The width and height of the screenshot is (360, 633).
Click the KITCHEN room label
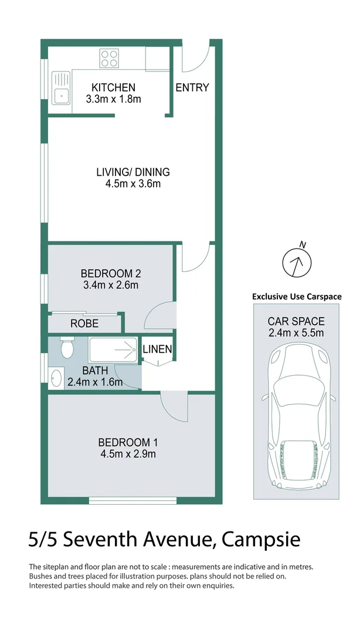pyautogui.click(x=113, y=87)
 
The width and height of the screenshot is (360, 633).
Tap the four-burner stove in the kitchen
pyautogui.click(x=109, y=57)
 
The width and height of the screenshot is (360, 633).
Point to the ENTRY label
pyautogui.click(x=192, y=88)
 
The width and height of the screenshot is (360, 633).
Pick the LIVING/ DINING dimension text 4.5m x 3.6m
pyautogui.click(x=133, y=184)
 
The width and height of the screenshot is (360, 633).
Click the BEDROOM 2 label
pyautogui.click(x=110, y=273)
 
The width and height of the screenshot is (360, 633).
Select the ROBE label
pyautogui.click(x=84, y=324)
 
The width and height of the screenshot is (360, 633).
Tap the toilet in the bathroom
pyautogui.click(x=67, y=348)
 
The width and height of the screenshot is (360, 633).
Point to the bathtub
pyautogui.click(x=113, y=350)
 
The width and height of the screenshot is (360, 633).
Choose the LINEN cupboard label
pyautogui.click(x=157, y=349)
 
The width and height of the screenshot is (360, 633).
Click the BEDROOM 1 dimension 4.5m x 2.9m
pyautogui.click(x=127, y=454)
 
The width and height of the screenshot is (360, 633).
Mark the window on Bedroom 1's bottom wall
pyautogui.click(x=133, y=500)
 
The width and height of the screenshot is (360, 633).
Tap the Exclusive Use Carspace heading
pyautogui.click(x=296, y=297)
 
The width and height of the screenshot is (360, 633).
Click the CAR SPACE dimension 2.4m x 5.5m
pyautogui.click(x=296, y=333)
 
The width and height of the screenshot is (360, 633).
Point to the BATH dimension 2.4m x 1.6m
pyautogui.click(x=94, y=383)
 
